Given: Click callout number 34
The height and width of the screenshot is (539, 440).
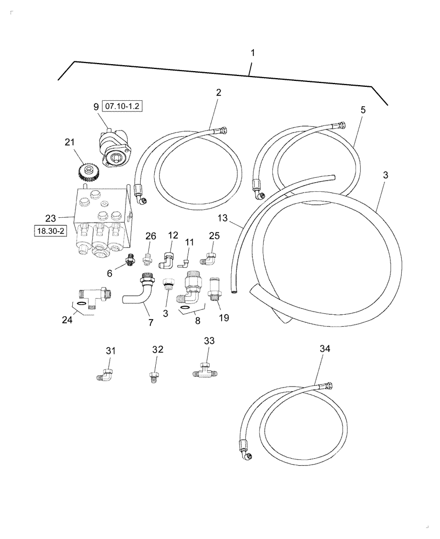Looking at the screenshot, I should pos(324,349).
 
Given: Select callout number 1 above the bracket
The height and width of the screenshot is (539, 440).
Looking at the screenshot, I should pos(252,53).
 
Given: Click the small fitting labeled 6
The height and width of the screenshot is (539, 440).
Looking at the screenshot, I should pos(129,261).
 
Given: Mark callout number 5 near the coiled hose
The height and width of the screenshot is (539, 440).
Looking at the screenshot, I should pos(363,110).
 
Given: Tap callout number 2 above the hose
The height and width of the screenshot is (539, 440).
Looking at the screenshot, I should pos(218,92).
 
